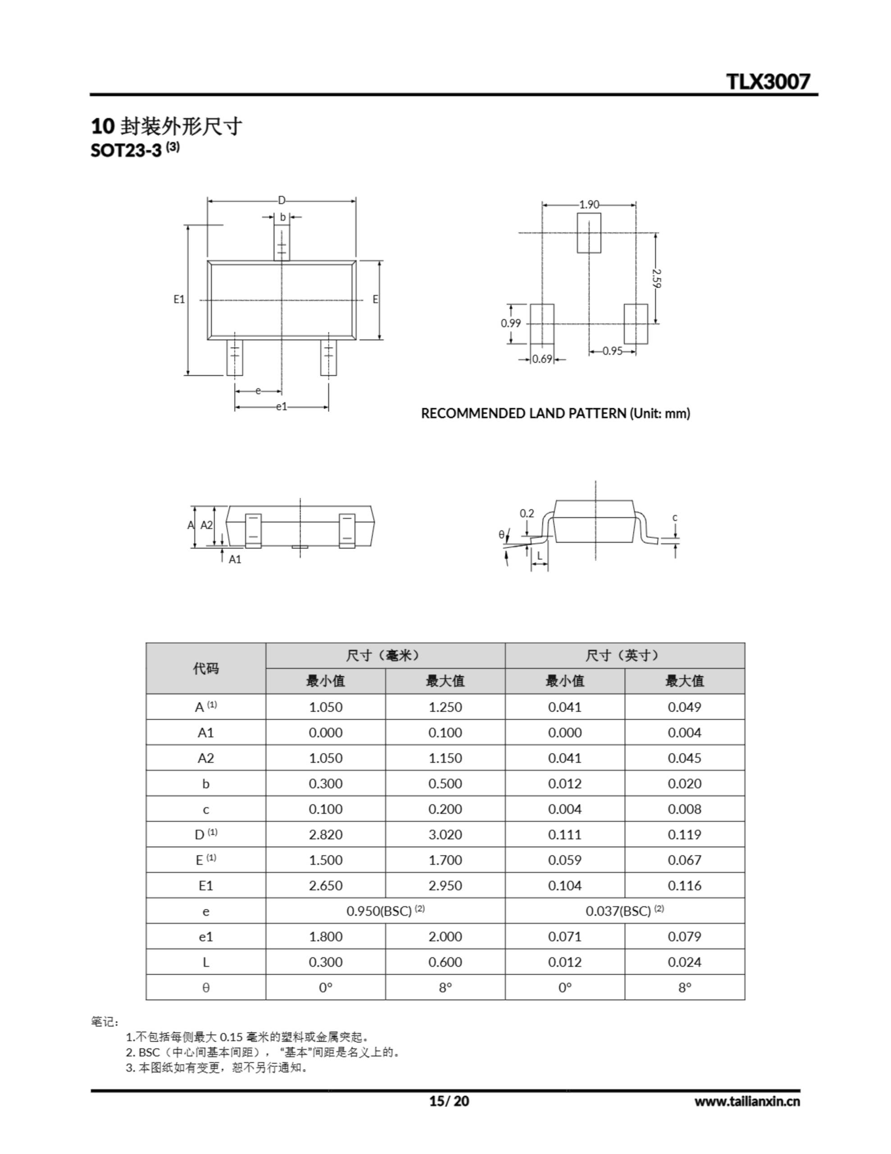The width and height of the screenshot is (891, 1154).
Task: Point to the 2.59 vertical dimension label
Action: click(x=656, y=278)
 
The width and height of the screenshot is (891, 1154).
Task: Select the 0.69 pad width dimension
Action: click(x=542, y=359)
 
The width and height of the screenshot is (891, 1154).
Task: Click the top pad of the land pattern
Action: click(x=589, y=233)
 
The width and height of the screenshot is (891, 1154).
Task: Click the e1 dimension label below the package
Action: click(x=282, y=407)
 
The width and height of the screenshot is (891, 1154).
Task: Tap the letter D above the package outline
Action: click(x=282, y=200)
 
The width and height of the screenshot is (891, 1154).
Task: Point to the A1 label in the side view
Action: click(x=235, y=559)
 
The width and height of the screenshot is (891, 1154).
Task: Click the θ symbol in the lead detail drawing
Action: click(x=501, y=535)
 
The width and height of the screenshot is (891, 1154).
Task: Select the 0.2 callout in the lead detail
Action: click(x=527, y=513)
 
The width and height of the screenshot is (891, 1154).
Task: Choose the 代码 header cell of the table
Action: click(x=205, y=669)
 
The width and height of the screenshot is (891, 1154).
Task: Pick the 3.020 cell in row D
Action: click(x=445, y=835)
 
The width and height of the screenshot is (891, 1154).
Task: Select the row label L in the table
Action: click(x=205, y=962)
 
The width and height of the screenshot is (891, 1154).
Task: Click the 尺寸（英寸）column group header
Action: click(x=624, y=656)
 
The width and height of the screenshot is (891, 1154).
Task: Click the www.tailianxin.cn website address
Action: click(x=747, y=1102)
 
